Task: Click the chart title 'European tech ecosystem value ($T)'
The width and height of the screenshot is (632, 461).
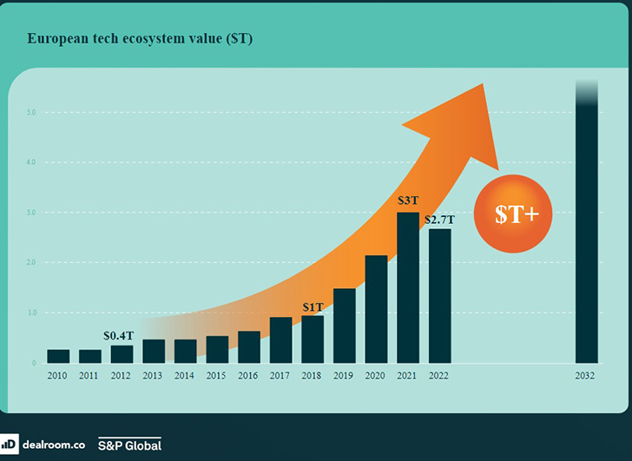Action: pyautogui.click(x=141, y=40)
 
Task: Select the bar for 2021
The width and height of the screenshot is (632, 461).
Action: pyautogui.click(x=408, y=287)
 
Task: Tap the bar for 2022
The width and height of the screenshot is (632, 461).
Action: pyautogui.click(x=439, y=296)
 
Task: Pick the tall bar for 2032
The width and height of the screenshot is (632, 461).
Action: pyautogui.click(x=586, y=226)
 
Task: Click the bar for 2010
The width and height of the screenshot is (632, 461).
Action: pyautogui.click(x=58, y=356)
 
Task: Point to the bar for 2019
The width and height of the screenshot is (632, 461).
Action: pyautogui.click(x=345, y=326)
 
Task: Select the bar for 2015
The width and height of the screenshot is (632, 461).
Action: pyautogui.click(x=217, y=349)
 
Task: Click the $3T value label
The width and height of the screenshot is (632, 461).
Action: pyautogui.click(x=408, y=201)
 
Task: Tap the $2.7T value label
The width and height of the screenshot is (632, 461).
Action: pyautogui.click(x=439, y=219)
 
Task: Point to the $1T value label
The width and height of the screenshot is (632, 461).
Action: pyautogui.click(x=313, y=306)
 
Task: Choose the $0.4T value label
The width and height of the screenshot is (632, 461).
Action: pyautogui.click(x=119, y=335)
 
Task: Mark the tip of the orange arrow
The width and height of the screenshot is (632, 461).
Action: pyautogui.click(x=483, y=85)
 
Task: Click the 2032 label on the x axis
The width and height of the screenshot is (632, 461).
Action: pyautogui.click(x=586, y=376)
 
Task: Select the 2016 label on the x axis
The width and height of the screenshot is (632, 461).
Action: pyautogui.click(x=249, y=376)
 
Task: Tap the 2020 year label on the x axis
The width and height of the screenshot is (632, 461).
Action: pyautogui.click(x=376, y=376)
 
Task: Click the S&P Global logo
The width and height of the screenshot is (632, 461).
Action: pyautogui.click(x=129, y=445)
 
